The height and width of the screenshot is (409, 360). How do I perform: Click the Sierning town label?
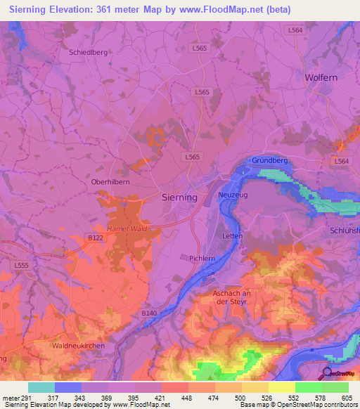point(179,197)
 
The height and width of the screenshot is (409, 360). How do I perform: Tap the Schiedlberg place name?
point(88,52)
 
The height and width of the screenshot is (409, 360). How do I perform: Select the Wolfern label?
point(322,77)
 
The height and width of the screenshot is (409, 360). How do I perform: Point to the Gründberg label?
point(270,161)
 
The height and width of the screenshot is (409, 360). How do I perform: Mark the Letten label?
point(232,236)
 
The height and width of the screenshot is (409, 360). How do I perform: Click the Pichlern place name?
point(202,259)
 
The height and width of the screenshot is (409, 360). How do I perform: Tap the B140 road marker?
point(148,313)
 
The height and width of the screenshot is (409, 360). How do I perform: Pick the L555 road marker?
point(21,264)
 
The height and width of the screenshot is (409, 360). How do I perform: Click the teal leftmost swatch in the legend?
point(41,387)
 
